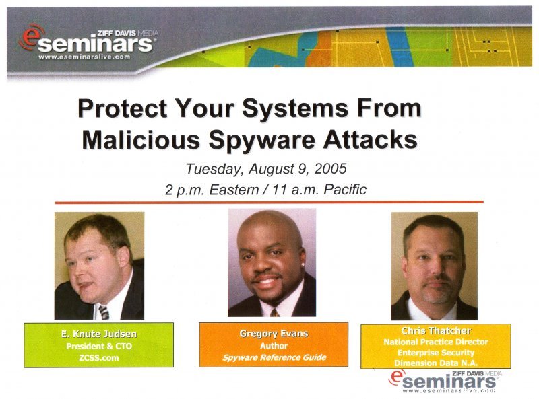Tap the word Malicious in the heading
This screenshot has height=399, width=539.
141,139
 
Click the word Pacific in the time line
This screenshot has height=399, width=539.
345,189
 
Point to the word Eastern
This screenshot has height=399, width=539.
234,190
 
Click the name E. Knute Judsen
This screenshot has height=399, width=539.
99,334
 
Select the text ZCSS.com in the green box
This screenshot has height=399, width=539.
98,357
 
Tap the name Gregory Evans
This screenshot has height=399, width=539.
274,334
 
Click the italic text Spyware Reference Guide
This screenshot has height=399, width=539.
274,357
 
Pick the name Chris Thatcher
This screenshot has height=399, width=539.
436,330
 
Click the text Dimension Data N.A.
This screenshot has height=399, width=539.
435,363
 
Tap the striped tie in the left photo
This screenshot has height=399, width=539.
104,312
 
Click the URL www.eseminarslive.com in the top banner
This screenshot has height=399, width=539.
84,57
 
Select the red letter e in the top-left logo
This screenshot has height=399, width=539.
31,38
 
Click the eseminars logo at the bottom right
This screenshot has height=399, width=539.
445,382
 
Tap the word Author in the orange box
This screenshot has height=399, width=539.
274,346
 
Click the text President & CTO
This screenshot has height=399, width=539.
99,346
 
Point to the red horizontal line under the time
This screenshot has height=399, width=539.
269,203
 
